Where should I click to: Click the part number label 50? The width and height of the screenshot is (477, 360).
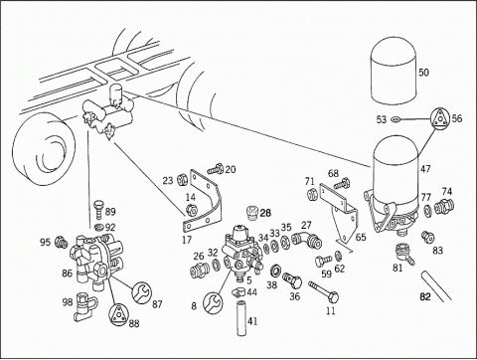click(x=423, y=73)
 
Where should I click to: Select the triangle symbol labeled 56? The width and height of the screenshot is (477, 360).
click(x=439, y=118)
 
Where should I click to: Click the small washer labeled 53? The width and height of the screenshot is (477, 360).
click(x=396, y=118)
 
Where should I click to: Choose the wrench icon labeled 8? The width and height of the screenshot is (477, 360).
click(x=213, y=301)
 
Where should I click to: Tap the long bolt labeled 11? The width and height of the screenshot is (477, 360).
click(x=323, y=291)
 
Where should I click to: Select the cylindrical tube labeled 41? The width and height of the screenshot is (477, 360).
click(x=241, y=318)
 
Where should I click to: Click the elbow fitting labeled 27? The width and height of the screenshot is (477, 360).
click(x=307, y=241)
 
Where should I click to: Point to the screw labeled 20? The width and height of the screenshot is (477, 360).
click(x=216, y=169)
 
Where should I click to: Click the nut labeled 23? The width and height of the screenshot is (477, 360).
click(x=182, y=179)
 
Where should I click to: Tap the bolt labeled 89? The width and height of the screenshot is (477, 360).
click(x=99, y=209)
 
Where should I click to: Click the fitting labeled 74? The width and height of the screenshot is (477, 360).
click(x=444, y=206)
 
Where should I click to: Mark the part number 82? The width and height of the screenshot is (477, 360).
click(x=425, y=296)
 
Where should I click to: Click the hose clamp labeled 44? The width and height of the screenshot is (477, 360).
click(x=240, y=292)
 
